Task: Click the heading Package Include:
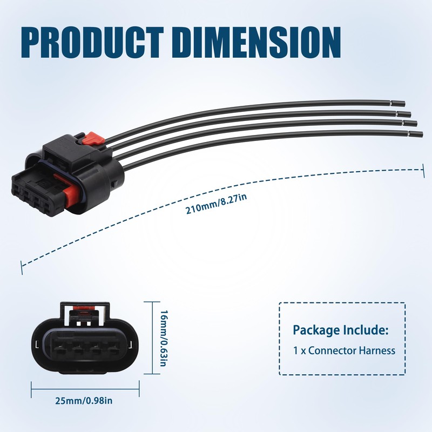(x=340, y=330)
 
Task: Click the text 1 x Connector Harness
(x=344, y=350)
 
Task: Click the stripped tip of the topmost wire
(x=400, y=103)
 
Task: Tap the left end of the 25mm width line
(x=32, y=387)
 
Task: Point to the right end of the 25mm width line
(x=139, y=387)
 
